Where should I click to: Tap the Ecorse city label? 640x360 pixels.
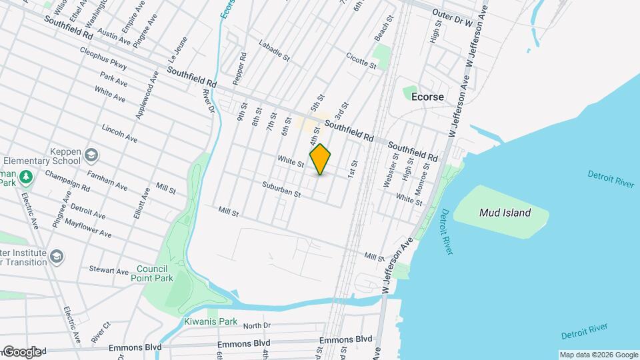point(427,97)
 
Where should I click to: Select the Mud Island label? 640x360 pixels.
point(505,213)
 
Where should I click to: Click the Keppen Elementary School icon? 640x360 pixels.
point(91,156)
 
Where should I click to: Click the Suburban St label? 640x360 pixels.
point(282,190)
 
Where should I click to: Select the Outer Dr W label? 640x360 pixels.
point(452,13)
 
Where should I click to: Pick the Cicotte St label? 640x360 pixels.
point(361,61)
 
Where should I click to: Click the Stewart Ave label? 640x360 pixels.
point(109,271)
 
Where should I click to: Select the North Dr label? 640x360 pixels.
point(257,325)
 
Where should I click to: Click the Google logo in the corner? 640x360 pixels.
point(21,351)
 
